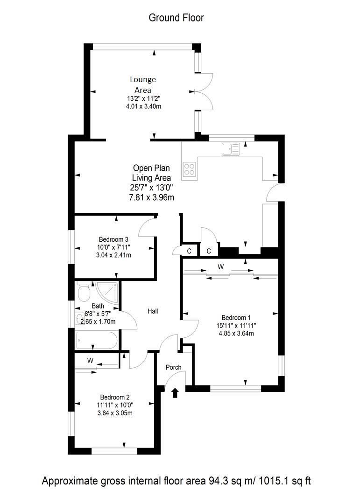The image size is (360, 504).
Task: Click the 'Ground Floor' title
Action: (x=176, y=18)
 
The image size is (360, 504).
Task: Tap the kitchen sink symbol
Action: (x=231, y=149)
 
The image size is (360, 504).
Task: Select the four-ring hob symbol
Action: (x=190, y=168)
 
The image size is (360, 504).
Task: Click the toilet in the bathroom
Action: (x=84, y=292)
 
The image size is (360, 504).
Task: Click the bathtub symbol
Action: (x=97, y=340)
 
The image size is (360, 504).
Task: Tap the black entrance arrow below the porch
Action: (x=176, y=392)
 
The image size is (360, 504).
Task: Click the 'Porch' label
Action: (x=174, y=367)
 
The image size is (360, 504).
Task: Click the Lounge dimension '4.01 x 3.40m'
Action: (x=144, y=106)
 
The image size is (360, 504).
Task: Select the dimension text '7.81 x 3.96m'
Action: (x=151, y=197)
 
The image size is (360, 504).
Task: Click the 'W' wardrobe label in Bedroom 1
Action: (x=220, y=267)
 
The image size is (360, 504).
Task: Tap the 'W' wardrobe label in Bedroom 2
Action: (x=90, y=360)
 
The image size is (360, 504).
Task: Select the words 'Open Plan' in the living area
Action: (x=151, y=168)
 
